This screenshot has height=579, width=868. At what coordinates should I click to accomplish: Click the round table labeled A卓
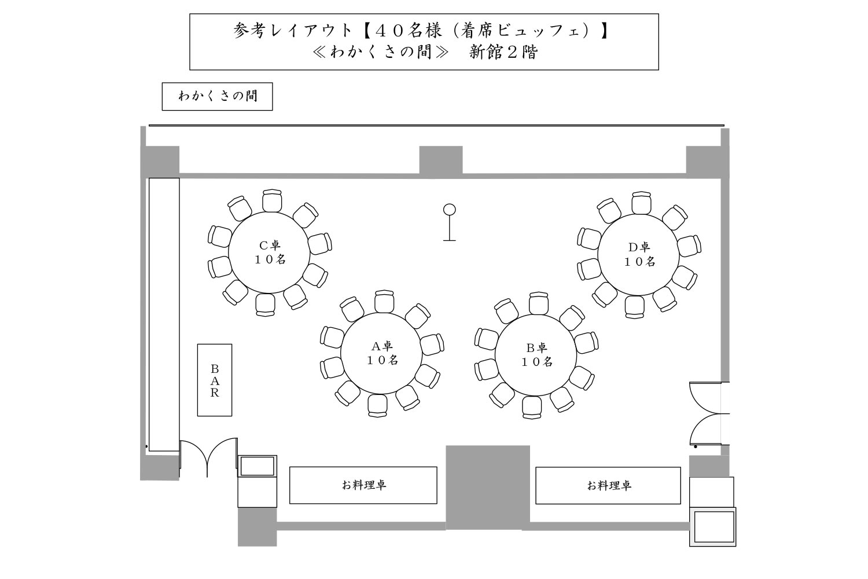pos(381,353)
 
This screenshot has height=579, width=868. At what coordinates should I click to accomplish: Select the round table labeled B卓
pos(536,355)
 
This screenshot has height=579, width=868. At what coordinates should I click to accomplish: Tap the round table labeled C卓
pos(269,252)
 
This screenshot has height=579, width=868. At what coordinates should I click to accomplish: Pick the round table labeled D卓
pos(639,255)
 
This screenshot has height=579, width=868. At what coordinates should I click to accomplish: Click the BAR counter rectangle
pos(215,380)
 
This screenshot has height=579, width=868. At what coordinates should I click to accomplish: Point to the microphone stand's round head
pos(450,210)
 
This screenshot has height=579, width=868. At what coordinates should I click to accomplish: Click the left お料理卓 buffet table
pos(363,485)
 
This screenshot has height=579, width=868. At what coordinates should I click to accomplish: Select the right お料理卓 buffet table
pos(608,486)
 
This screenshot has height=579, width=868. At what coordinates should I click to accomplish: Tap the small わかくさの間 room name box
pos(218,97)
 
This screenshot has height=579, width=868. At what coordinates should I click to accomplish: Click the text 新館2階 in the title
pos(503,52)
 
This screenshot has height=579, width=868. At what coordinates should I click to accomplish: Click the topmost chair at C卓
pos(271,200)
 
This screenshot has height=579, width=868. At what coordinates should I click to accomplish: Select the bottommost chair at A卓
pos(377,406)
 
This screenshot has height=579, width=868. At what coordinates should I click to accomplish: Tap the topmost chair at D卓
pos(641,203)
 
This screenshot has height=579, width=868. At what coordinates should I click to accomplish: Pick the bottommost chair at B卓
pos(532,407)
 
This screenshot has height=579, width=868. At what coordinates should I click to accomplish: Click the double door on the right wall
pos(706,413)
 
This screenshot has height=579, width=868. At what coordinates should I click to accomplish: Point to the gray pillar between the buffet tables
pos(488,488)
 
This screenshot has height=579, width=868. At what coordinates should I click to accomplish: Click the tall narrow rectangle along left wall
pos(164,314)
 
